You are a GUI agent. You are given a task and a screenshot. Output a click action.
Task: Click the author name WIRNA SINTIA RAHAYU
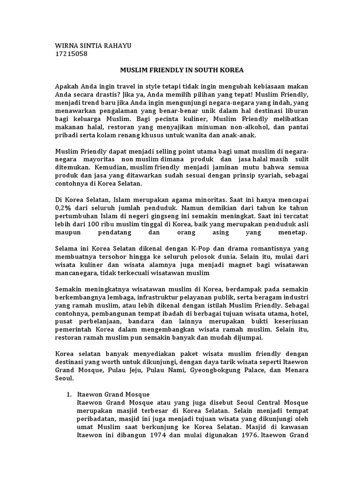[x=93, y=45]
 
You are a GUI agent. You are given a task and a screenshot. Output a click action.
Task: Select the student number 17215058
[x=72, y=54]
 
